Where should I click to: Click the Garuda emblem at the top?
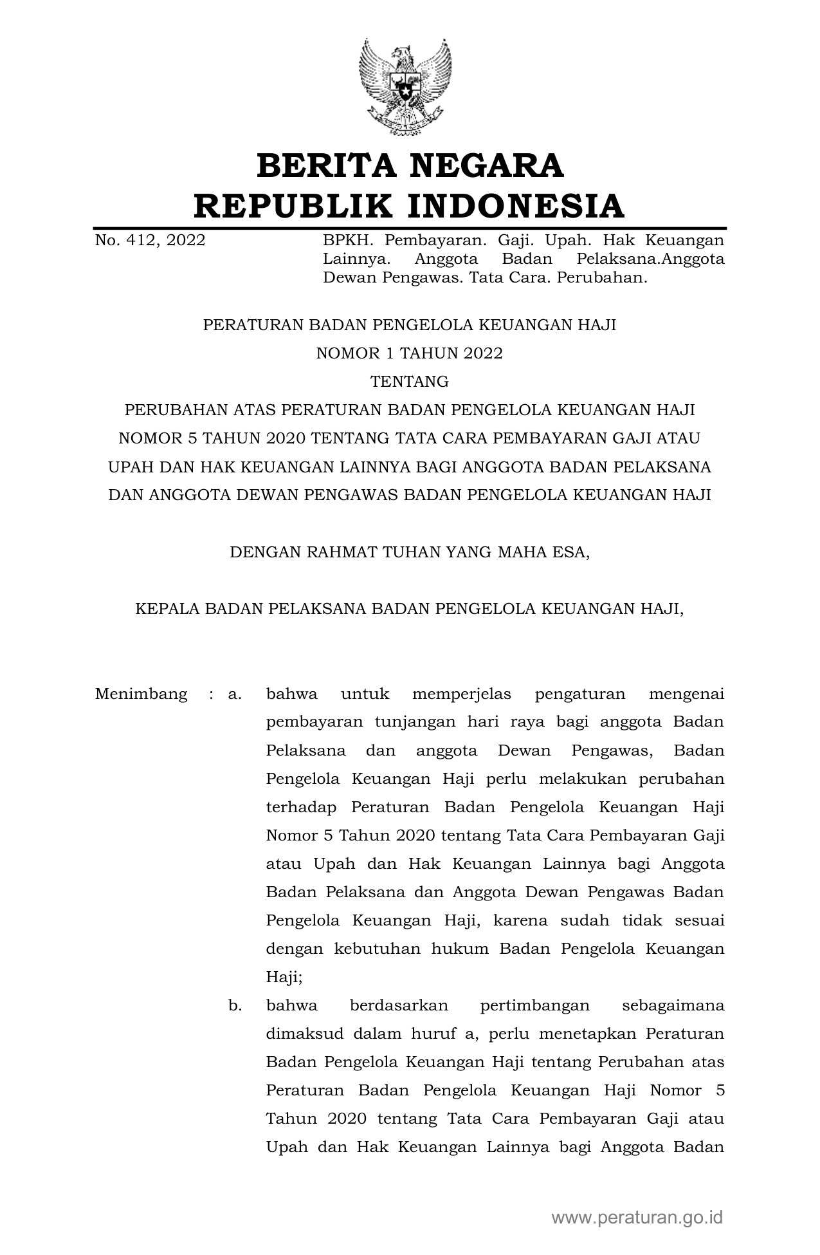click(405, 88)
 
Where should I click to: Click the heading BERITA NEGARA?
click(410, 166)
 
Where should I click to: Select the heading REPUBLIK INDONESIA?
click(410, 206)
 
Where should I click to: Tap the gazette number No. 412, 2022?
click(150, 241)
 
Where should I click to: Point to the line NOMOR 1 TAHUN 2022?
click(409, 353)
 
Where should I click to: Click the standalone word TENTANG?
click(409, 382)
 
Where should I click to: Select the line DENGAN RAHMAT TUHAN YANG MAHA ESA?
click(409, 552)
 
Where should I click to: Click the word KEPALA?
click(164, 609)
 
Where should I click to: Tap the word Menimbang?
click(141, 694)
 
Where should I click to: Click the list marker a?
click(235, 694)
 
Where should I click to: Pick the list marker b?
click(235, 1006)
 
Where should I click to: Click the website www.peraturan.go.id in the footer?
click(637, 1218)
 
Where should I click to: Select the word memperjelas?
click(461, 694)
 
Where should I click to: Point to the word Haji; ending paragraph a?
click(284, 978)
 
